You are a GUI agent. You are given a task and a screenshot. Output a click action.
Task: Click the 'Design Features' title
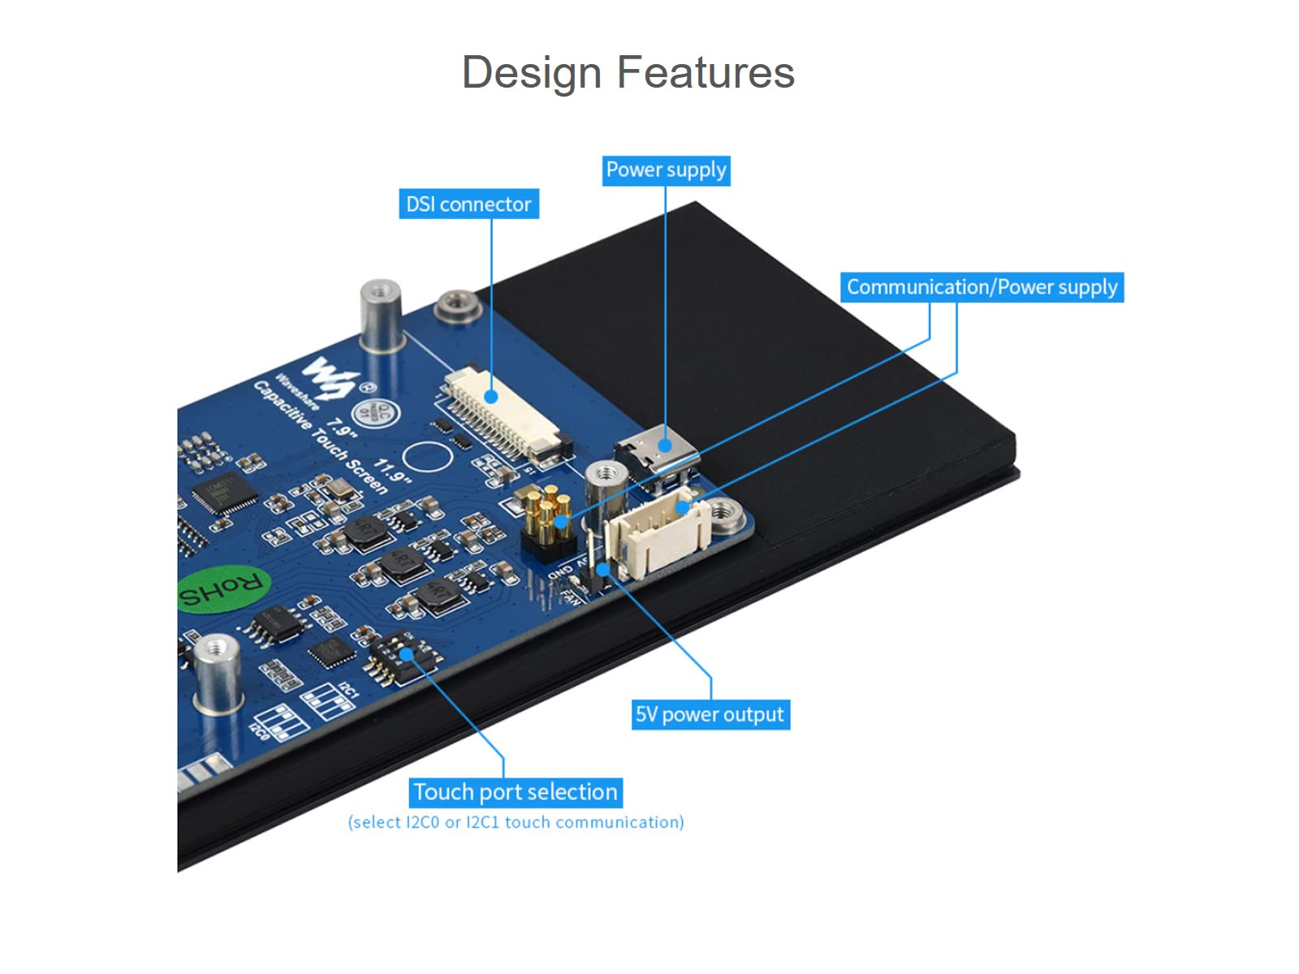point(628,72)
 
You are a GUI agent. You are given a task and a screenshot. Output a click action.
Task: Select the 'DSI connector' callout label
point(468,204)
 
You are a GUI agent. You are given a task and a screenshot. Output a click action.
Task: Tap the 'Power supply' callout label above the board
point(666,170)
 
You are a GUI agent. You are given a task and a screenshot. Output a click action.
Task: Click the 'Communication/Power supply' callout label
point(982,287)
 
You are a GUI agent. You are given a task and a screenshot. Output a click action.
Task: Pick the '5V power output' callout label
point(710,714)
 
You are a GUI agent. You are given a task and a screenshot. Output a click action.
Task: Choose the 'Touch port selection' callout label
point(516,792)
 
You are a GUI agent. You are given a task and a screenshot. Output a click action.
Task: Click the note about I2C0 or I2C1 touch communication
point(516,822)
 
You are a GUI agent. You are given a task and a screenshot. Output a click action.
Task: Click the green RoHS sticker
point(222,588)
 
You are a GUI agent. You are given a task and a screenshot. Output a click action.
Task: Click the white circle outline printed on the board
point(427,457)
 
